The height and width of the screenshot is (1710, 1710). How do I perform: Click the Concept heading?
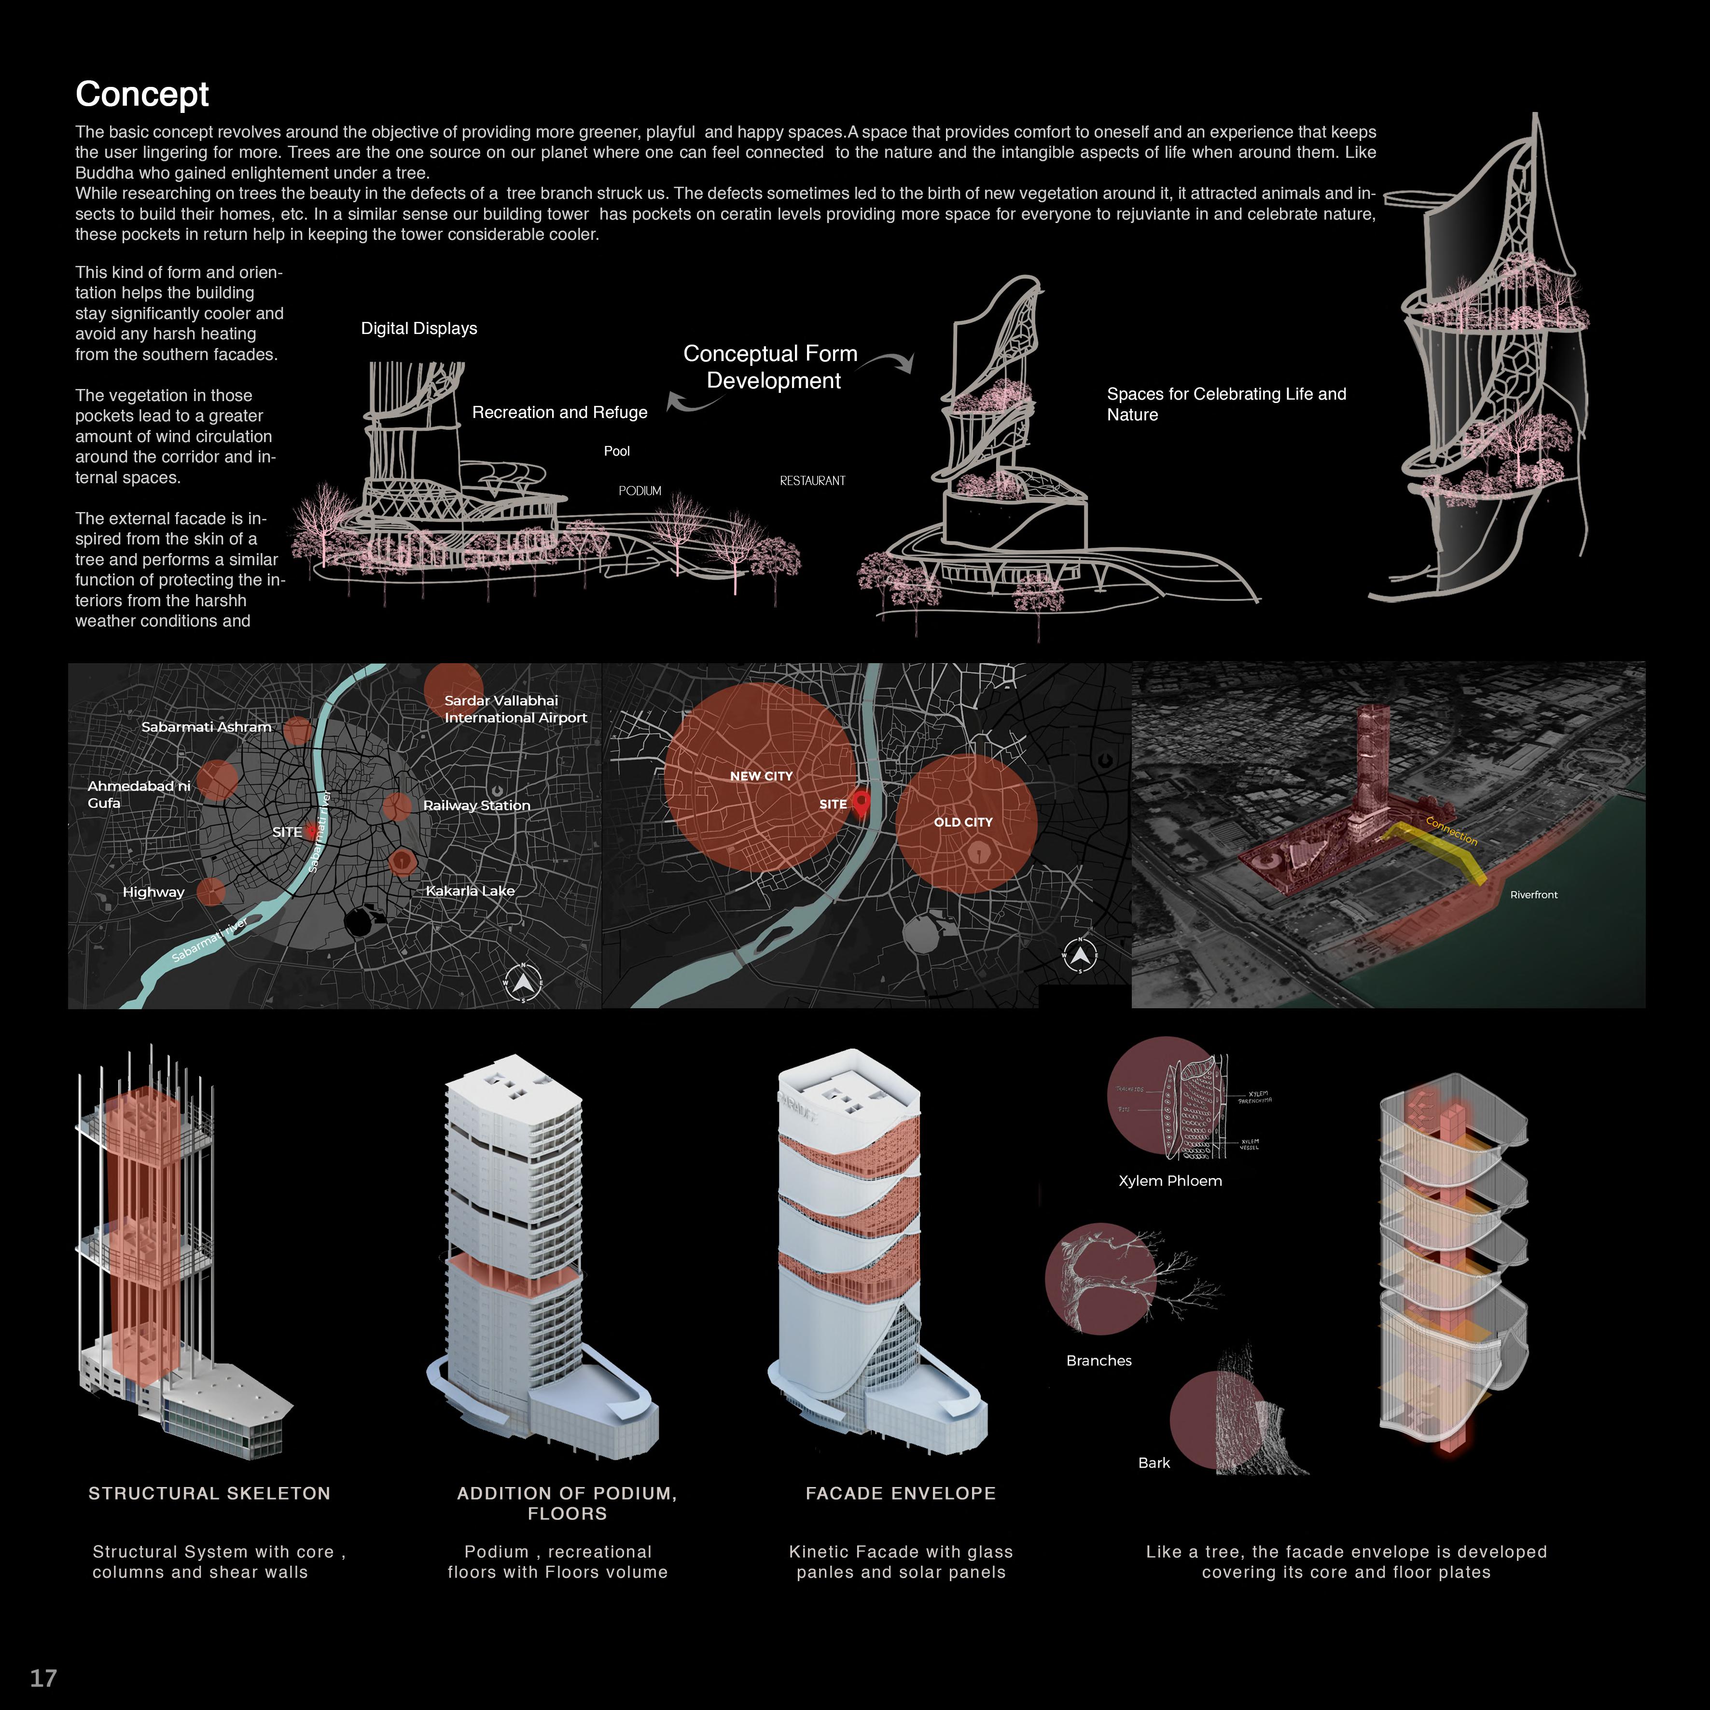[141, 94]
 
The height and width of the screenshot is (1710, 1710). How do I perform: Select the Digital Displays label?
[418, 328]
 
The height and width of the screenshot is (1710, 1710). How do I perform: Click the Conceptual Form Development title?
[771, 367]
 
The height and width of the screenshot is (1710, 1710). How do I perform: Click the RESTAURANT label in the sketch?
[812, 481]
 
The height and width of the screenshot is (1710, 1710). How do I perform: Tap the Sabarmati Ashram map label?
[206, 727]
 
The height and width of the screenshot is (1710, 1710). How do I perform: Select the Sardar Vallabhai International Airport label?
[515, 709]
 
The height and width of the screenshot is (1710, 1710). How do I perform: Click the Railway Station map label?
[476, 806]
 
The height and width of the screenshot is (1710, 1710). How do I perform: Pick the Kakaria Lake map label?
[470, 890]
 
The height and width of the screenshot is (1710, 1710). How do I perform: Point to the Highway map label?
[153, 892]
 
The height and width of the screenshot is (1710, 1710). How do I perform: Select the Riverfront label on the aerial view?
[1533, 895]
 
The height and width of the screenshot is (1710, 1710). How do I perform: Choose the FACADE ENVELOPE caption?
[900, 1493]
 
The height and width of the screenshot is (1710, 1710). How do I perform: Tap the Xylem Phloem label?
[1169, 1181]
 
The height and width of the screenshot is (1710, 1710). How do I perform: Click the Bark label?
[1154, 1463]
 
